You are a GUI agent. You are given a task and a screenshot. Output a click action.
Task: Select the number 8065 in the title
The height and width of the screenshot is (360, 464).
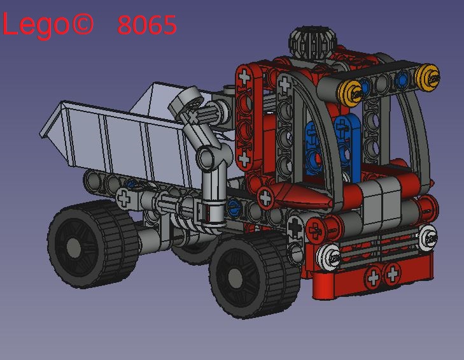coord(147,25)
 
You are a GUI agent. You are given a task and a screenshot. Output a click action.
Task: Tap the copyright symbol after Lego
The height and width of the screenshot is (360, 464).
coord(83,23)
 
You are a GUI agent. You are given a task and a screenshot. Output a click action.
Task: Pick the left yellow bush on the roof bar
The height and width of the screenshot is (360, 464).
coord(351,93)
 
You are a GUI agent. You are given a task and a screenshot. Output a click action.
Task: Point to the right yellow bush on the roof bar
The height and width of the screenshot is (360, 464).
coord(428,78)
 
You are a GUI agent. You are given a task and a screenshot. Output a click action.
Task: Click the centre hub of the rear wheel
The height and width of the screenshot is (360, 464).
coord(74,246)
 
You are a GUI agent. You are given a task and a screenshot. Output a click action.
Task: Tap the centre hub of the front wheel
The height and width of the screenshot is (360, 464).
coord(236,278)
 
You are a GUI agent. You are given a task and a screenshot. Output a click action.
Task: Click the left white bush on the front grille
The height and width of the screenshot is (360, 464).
coord(329,257)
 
